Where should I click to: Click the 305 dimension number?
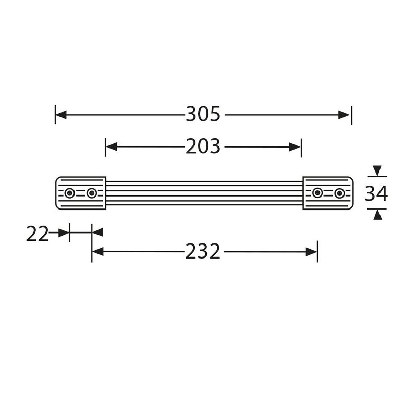[203, 115]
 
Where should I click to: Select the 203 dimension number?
[203, 148]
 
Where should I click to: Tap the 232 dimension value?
[203, 252]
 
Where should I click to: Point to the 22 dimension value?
[37, 234]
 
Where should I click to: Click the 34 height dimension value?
[376, 193]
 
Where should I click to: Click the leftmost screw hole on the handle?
[69, 193]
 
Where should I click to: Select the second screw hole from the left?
[92, 193]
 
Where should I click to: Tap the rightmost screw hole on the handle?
[339, 193]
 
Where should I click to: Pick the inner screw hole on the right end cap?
[317, 193]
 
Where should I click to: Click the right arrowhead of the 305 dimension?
[346, 115]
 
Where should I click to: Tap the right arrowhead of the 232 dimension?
[312, 252]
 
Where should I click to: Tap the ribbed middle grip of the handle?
[205, 193]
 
